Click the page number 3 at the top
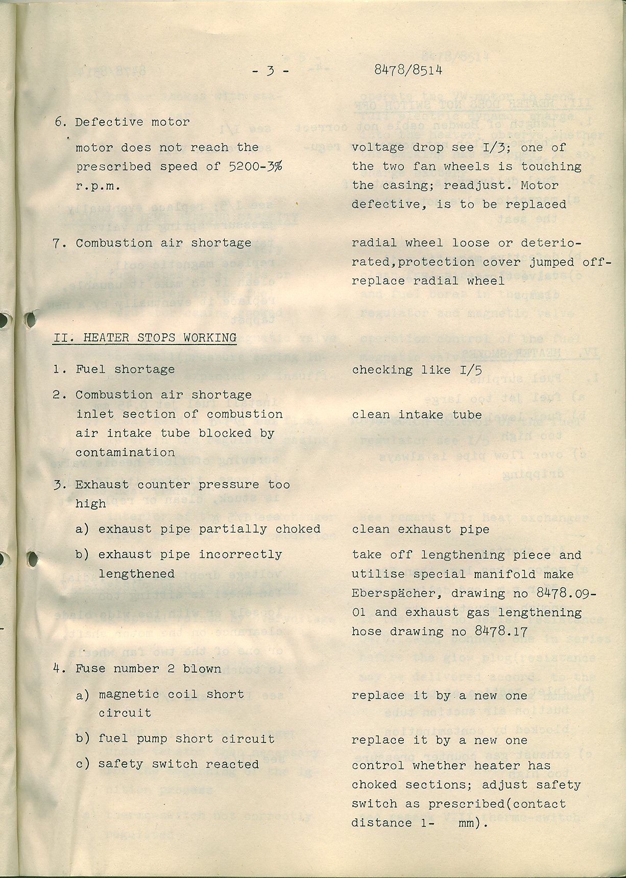coord(270,71)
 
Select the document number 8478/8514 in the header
coord(408,71)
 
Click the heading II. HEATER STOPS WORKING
coord(145,338)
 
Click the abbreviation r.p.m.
coord(98,186)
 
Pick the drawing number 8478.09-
coord(566,593)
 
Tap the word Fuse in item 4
coord(91,669)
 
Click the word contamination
coord(125,453)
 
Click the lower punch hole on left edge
coord(32,559)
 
